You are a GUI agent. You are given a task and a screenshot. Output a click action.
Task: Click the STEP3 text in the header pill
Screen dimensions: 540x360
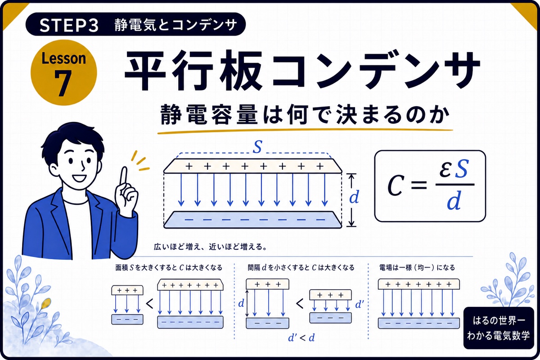point(69,26)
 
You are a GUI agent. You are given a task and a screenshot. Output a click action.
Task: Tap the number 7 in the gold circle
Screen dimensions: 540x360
point(63,83)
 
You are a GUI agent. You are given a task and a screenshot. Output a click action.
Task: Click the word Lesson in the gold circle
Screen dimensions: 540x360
point(63,58)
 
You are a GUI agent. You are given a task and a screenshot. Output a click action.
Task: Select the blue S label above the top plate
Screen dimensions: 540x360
point(257,147)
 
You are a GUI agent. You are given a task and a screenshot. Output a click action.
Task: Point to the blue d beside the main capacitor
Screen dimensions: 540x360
point(354,197)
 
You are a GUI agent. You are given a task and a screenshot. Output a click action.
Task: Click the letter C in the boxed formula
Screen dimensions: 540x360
point(395,186)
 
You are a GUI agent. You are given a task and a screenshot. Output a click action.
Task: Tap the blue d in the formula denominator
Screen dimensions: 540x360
point(454,201)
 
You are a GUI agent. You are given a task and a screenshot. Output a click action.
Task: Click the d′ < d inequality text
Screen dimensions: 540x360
point(301,338)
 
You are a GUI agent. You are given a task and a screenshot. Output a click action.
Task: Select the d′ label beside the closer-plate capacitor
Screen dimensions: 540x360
point(360,305)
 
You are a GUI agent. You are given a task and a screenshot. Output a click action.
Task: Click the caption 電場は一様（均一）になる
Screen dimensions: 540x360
point(417,267)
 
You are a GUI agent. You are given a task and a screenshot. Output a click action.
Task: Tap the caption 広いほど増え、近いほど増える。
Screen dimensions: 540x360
point(210,247)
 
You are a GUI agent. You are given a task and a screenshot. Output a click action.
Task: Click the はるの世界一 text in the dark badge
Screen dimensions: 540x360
point(499,320)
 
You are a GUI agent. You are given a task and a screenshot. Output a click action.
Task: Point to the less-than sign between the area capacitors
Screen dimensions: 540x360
point(150,304)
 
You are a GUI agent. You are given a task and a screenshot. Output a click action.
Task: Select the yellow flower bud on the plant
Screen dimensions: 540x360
point(46,303)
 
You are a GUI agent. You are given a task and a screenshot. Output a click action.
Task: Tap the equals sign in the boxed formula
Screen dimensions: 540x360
point(419,185)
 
